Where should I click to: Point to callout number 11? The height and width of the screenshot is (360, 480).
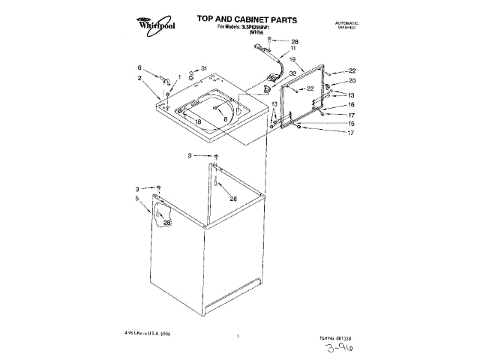click(x=293, y=49)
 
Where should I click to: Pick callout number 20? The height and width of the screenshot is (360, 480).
click(x=352, y=80)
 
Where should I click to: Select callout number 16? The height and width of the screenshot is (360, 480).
click(x=350, y=105)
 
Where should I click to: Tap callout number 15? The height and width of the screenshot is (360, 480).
click(x=350, y=123)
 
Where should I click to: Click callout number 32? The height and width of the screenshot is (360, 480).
click(x=292, y=73)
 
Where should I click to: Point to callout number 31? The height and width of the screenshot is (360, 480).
click(x=202, y=69)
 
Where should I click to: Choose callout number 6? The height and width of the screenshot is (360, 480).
click(x=139, y=67)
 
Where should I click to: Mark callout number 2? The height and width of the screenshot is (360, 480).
click(x=139, y=78)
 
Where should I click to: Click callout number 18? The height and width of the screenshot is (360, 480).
click(x=198, y=121)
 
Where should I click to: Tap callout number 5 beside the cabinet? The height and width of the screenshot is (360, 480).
click(x=137, y=199)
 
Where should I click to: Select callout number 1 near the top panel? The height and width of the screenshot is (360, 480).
click(x=179, y=76)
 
